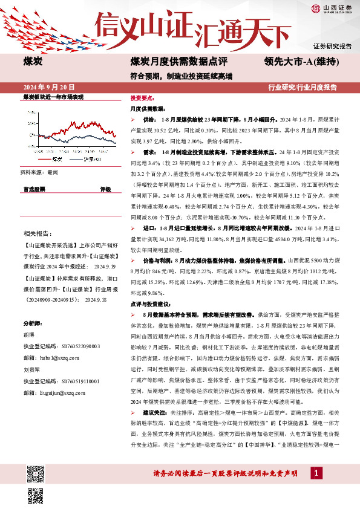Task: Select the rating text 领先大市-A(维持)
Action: click(x=301, y=60)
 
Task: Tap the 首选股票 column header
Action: click(x=34, y=189)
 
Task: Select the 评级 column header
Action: click(x=105, y=189)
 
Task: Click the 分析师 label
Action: click(x=33, y=323)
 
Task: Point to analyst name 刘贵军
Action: click(x=32, y=369)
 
